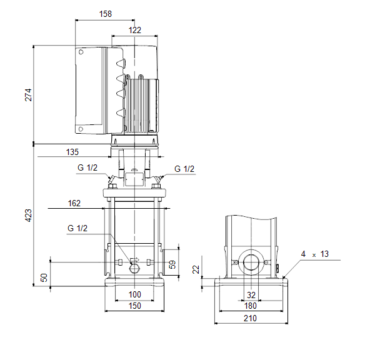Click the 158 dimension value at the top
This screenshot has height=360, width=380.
point(106,14)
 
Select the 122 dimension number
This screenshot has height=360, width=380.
point(135,30)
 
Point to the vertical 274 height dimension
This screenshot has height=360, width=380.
point(28,95)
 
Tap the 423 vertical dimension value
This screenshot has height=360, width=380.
point(28,215)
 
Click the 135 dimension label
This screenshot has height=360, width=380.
point(72,152)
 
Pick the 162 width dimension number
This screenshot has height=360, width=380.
point(74,203)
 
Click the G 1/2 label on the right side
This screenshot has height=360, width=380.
point(184,169)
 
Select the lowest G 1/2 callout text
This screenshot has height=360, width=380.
point(77,228)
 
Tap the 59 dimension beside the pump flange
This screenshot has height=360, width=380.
point(172,264)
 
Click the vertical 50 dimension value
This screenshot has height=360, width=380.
point(44,277)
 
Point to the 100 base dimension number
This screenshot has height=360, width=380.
point(134,294)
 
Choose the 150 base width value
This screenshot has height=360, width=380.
point(134,306)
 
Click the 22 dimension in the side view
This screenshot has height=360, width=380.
point(196,269)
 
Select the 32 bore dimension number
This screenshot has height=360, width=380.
point(251,295)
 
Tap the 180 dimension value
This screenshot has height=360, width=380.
point(251,306)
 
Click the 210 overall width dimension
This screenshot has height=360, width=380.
point(250,318)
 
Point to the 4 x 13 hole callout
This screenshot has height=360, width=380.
point(315,254)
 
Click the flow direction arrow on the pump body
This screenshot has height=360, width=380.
point(135,260)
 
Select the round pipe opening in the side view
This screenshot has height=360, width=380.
point(251,262)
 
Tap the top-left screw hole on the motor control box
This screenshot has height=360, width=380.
point(81,52)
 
